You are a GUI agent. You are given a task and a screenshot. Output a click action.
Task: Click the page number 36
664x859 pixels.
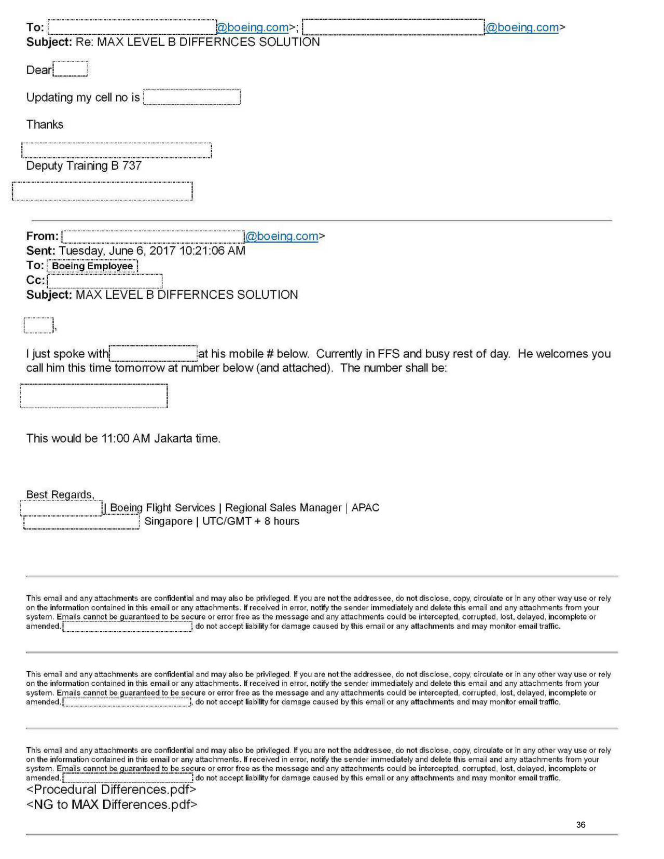pyautogui.click(x=580, y=824)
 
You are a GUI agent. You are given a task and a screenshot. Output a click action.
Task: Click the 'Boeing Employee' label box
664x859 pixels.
pyautogui.click(x=92, y=266)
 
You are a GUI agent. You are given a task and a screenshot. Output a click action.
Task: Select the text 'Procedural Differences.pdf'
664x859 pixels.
pyautogui.click(x=111, y=789)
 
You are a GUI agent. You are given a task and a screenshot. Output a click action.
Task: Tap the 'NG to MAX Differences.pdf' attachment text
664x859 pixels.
pyautogui.click(x=112, y=805)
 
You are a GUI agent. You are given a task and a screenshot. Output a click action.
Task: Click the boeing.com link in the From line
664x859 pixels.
pyautogui.click(x=282, y=236)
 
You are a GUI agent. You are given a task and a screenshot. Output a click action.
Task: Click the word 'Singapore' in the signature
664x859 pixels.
pyautogui.click(x=168, y=521)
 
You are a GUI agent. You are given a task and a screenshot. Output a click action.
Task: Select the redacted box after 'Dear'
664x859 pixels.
pyautogui.click(x=71, y=69)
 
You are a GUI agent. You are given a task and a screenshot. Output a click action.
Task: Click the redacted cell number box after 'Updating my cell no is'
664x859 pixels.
pyautogui.click(x=191, y=98)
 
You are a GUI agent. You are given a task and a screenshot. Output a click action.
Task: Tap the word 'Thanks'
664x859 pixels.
pyautogui.click(x=45, y=124)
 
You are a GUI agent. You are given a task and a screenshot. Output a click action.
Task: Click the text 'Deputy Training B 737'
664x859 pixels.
pyautogui.click(x=84, y=165)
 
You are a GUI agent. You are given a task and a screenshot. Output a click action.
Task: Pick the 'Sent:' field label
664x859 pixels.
pyautogui.click(x=41, y=251)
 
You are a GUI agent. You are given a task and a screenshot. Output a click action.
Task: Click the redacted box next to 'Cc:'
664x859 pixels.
pyautogui.click(x=104, y=281)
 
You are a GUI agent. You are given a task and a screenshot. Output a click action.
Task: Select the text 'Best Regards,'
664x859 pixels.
pyautogui.click(x=60, y=494)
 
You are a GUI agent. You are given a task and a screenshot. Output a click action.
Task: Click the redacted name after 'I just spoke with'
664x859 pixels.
pyautogui.click(x=153, y=354)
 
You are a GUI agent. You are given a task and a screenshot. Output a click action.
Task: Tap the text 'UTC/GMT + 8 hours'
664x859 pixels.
pyautogui.click(x=251, y=521)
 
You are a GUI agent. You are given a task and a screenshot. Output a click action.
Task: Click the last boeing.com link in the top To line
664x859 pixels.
pyautogui.click(x=522, y=27)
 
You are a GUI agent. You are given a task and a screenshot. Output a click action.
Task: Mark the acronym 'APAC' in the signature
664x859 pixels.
pyautogui.click(x=365, y=508)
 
